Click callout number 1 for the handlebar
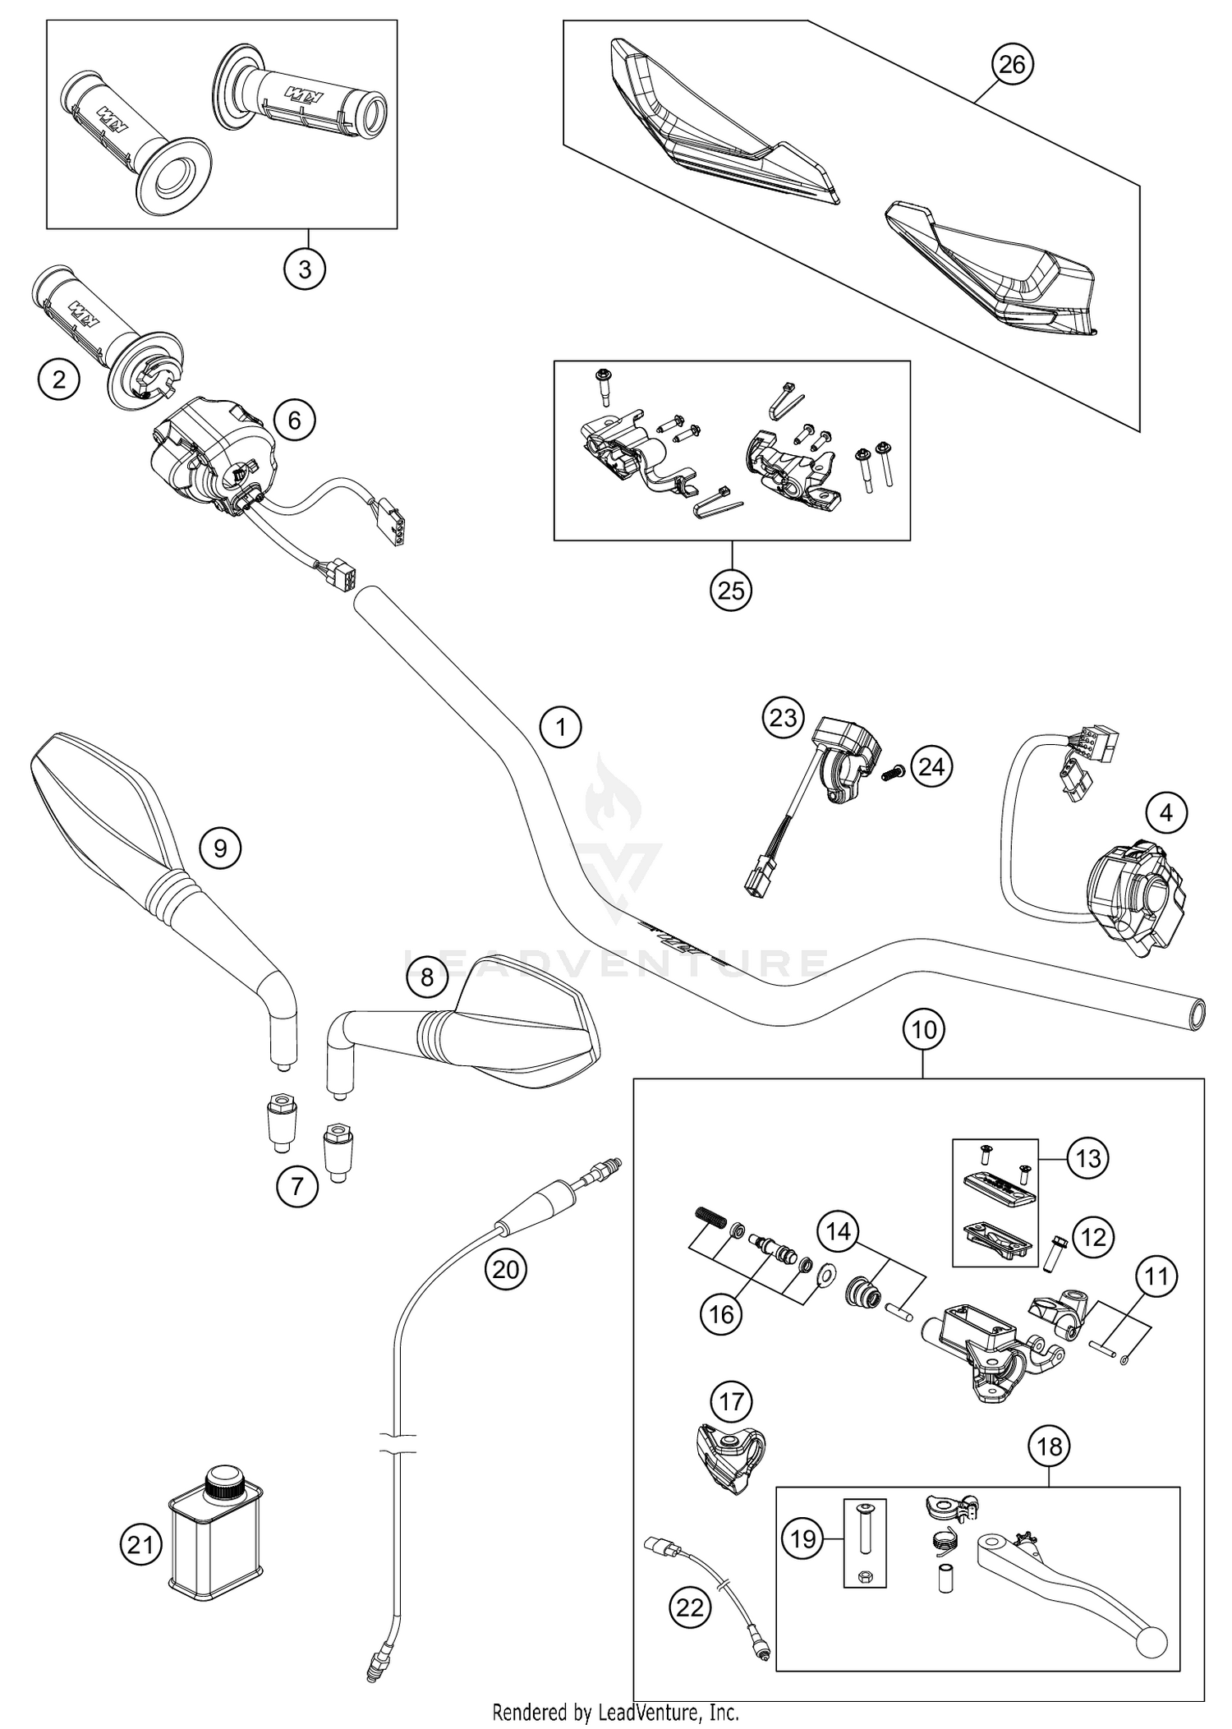[x=561, y=728]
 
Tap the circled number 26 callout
[x=1012, y=64]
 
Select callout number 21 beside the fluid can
[x=140, y=1546]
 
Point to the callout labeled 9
[x=220, y=848]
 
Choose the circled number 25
[x=731, y=590]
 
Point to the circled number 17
[x=731, y=1401]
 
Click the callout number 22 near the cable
[x=690, y=1607]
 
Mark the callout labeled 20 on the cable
[x=505, y=1270]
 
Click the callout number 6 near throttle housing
[x=294, y=421]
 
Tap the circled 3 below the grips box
[x=305, y=269]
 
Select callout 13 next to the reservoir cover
[x=1087, y=1158]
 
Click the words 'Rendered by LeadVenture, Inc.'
[x=615, y=1712]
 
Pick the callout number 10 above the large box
[x=924, y=1029]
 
